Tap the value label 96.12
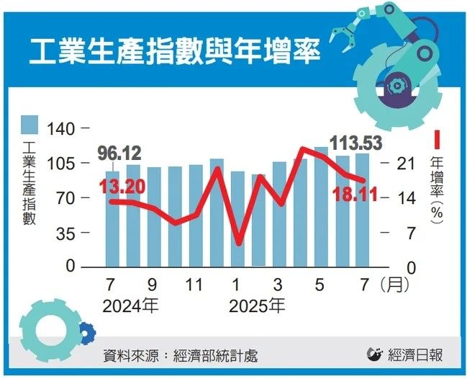tap(119, 153)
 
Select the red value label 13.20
tap(122, 187)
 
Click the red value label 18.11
tap(355, 194)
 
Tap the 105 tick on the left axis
tap(60, 164)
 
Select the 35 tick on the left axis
tap(65, 233)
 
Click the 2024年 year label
tap(130, 306)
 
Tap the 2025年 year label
tap(257, 306)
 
